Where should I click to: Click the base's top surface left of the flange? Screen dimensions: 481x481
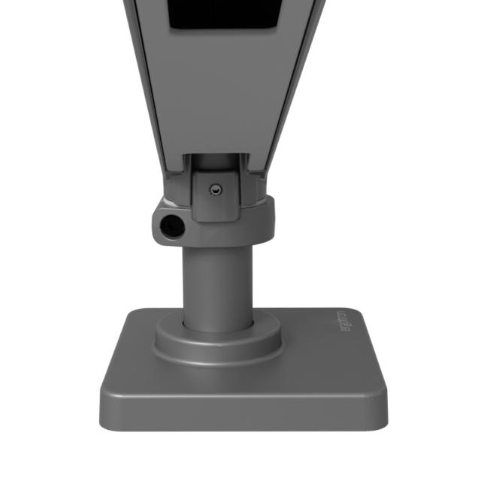click(135, 353)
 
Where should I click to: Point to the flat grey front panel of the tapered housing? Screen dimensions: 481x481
click(218, 98)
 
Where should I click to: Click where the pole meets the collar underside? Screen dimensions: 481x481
click(216, 246)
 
